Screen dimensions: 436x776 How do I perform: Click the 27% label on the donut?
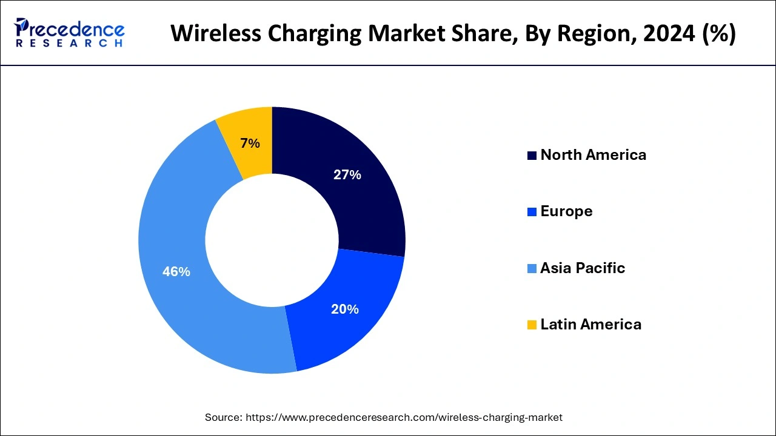click(347, 175)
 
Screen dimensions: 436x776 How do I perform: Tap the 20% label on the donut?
click(344, 309)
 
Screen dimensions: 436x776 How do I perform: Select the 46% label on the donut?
click(176, 272)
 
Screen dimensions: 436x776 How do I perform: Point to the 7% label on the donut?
click(250, 144)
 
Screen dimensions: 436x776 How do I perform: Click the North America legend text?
click(593, 155)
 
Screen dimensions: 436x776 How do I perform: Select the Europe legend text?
click(566, 211)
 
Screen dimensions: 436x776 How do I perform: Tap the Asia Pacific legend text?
click(582, 268)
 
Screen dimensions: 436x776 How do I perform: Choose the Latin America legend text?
click(590, 325)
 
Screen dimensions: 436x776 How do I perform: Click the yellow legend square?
click(532, 325)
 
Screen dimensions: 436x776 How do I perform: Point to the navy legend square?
click(532, 156)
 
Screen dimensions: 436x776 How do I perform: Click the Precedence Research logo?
click(69, 33)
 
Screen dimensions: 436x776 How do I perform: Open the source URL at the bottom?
click(402, 417)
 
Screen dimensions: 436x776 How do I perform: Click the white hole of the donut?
click(272, 240)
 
